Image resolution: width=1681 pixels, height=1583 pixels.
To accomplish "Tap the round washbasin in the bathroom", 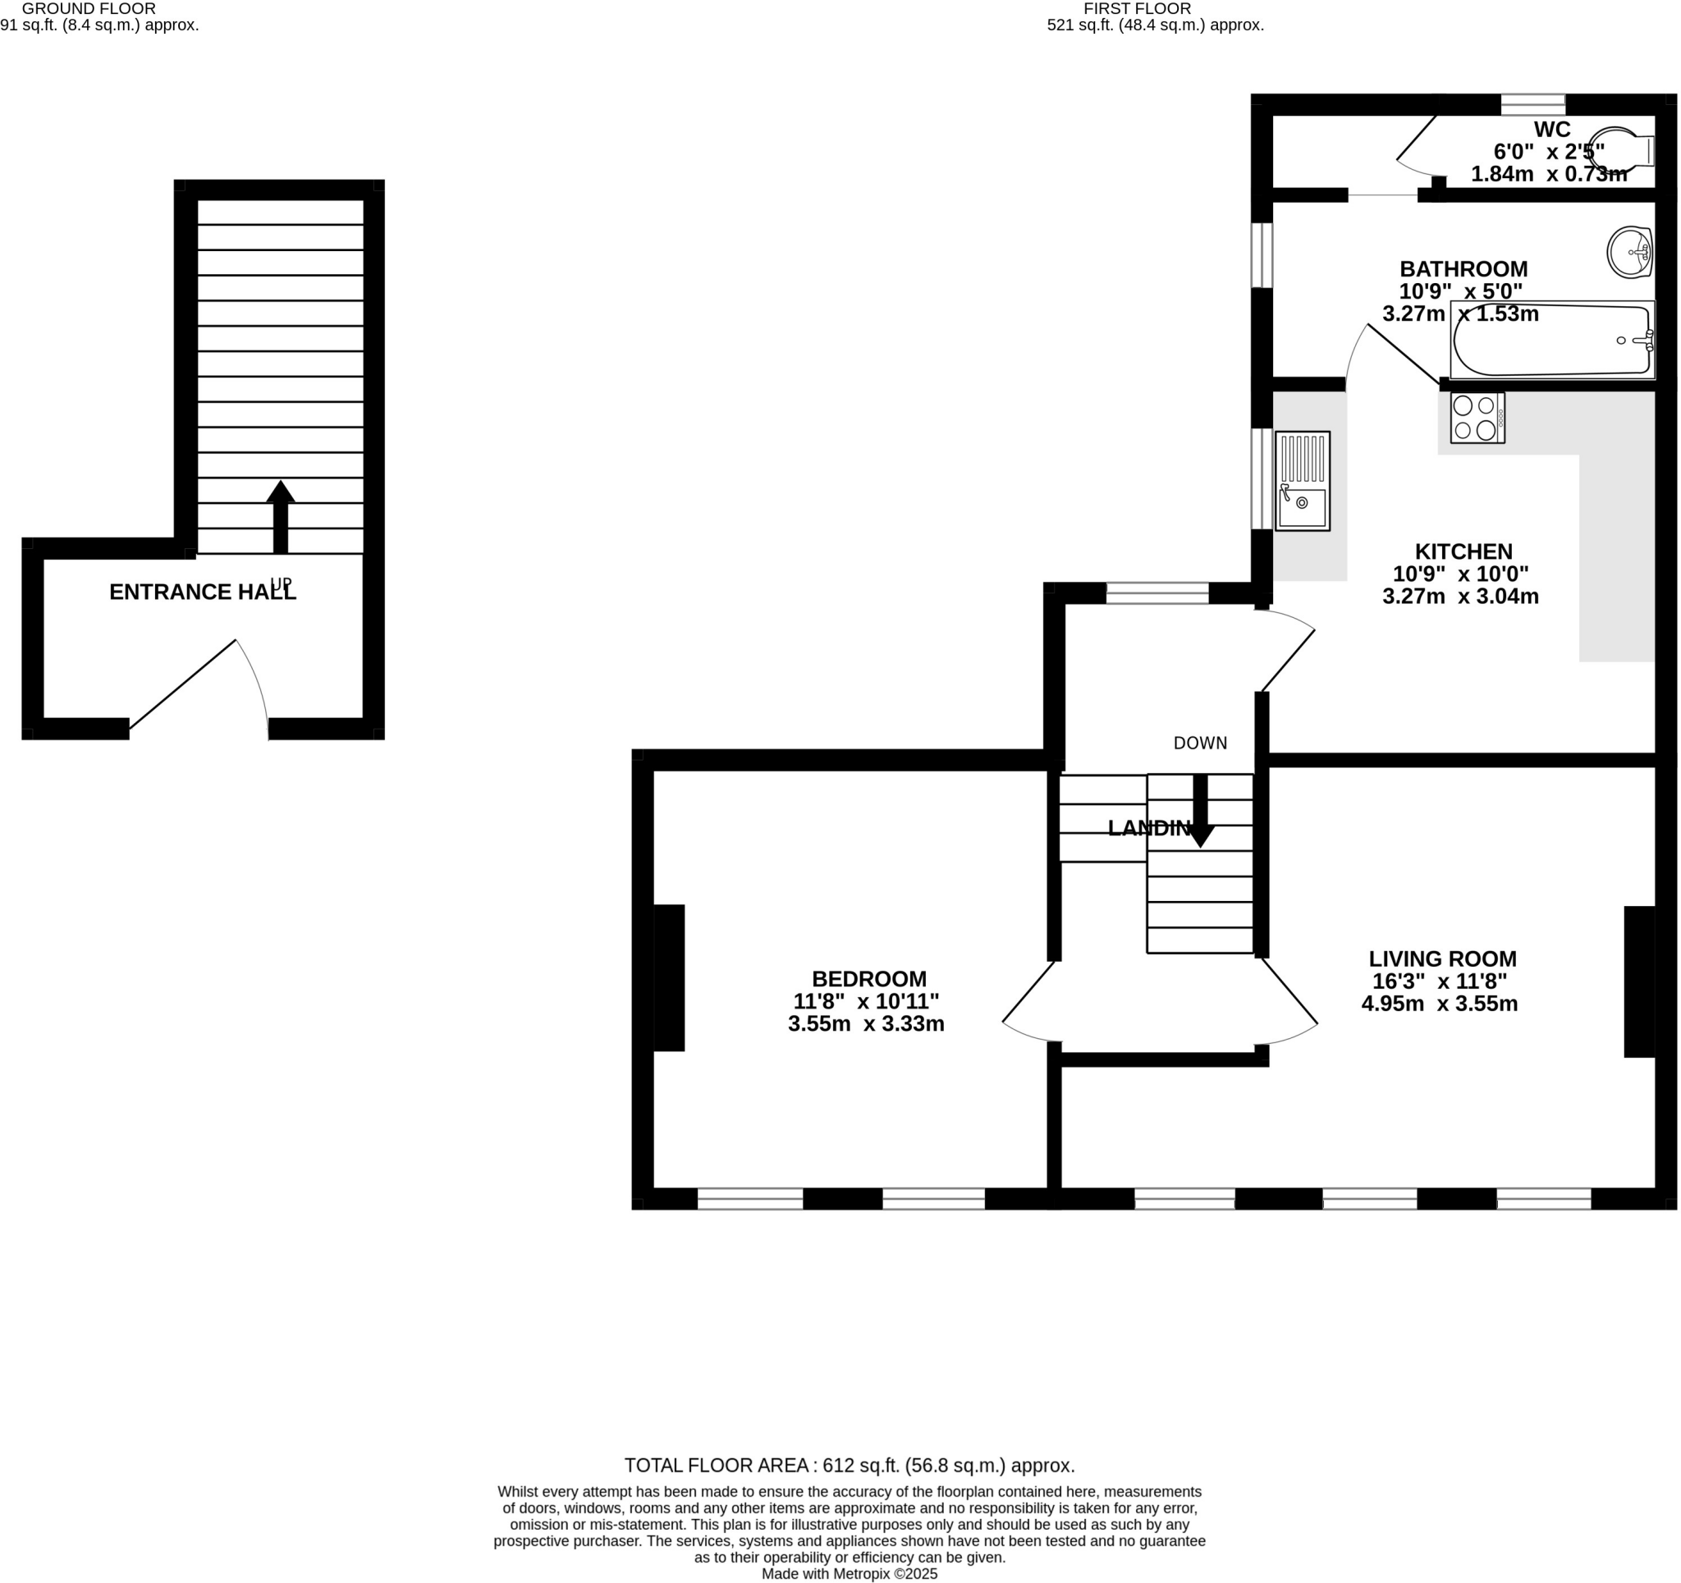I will tap(1629, 252).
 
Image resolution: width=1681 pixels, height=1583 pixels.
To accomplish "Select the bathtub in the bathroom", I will tap(1551, 340).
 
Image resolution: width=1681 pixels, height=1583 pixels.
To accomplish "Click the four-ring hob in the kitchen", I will tap(1477, 418).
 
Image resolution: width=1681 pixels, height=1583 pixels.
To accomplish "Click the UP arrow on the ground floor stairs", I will tap(281, 517).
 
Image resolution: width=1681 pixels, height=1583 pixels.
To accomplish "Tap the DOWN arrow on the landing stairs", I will tap(1200, 810).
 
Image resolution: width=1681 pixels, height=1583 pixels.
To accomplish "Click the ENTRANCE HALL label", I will tap(203, 592).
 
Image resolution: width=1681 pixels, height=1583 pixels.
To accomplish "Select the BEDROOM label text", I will tap(868, 978).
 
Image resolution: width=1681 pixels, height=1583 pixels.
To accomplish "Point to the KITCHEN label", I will tap(1463, 551).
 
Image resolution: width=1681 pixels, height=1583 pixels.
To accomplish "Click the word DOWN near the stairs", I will tap(1200, 743).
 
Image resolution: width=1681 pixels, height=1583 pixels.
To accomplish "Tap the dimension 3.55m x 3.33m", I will tap(866, 1024).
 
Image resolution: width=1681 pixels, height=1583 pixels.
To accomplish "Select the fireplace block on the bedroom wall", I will tap(668, 977).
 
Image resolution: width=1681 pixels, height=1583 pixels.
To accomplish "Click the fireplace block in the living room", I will tap(1638, 981).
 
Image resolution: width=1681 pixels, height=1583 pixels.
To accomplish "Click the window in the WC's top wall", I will tap(1532, 105).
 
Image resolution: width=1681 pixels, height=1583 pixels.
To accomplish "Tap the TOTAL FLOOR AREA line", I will tap(849, 1466).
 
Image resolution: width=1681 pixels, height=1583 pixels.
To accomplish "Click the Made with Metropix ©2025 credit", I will tap(849, 1574).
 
